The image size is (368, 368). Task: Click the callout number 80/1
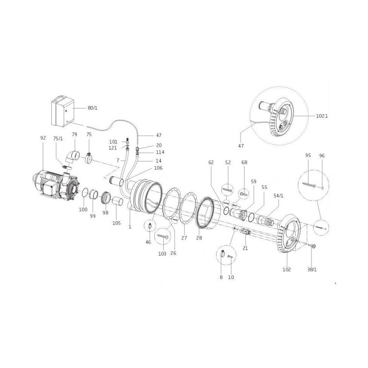tap(92, 108)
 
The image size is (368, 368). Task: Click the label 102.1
tap(322, 116)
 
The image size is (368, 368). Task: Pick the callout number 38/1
tap(312, 270)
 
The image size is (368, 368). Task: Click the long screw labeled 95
tap(309, 185)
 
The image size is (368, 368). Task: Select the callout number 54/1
tap(278, 196)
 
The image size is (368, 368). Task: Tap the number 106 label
tap(158, 168)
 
